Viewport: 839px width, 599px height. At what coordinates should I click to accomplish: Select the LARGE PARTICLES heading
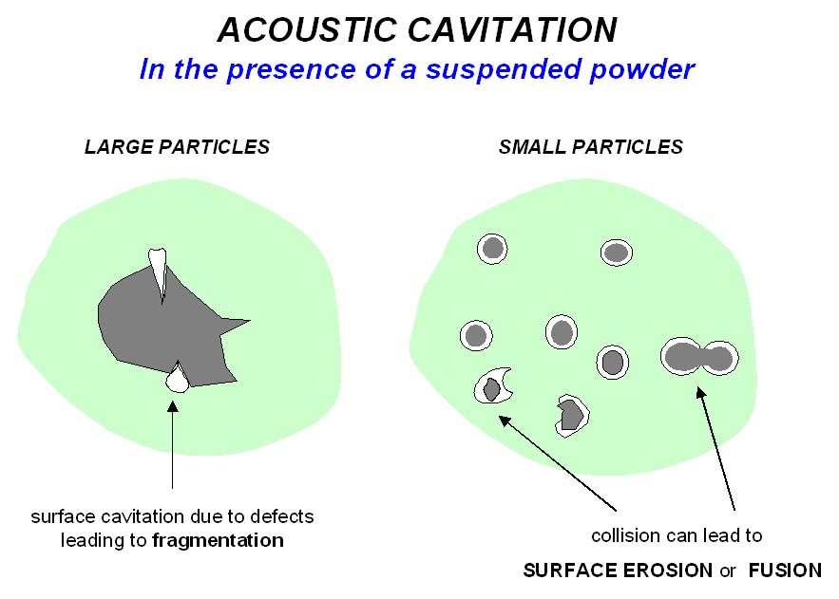pyautogui.click(x=177, y=147)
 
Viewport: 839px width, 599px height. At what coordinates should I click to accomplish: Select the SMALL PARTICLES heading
pyautogui.click(x=590, y=147)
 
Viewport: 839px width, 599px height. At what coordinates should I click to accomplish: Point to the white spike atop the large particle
pyautogui.click(x=159, y=271)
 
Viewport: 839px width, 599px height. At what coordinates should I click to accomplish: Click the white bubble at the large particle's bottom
pyautogui.click(x=177, y=379)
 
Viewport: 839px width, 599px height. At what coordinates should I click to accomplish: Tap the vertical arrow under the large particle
pyautogui.click(x=172, y=446)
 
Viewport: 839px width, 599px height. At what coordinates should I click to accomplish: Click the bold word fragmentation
pyautogui.click(x=218, y=540)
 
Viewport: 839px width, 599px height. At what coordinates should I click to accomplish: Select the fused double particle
pyautogui.click(x=699, y=358)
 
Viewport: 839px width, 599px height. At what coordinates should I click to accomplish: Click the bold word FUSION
pyautogui.click(x=784, y=571)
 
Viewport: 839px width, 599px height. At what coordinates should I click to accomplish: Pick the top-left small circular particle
pyautogui.click(x=492, y=250)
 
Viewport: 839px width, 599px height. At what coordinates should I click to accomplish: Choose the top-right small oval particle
pyautogui.click(x=617, y=253)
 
